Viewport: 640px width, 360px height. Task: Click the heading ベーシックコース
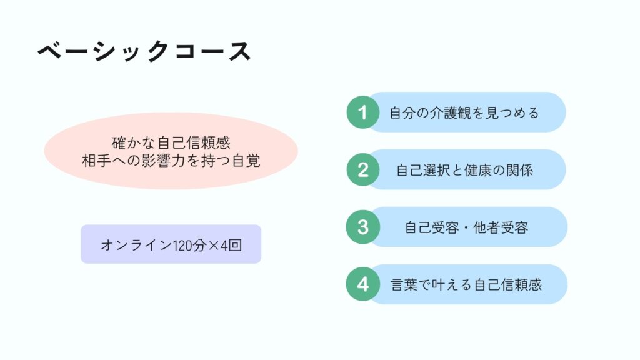coord(144,52)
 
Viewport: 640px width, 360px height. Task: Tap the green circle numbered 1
coord(363,112)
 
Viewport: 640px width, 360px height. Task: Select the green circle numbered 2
coord(363,170)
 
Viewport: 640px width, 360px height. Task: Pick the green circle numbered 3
coord(363,227)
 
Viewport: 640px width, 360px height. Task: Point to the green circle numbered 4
coord(363,284)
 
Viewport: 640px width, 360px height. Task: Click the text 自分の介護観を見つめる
coord(464,112)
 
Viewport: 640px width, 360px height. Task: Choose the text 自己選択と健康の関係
coord(464,170)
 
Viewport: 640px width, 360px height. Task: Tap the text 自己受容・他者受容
coord(466,227)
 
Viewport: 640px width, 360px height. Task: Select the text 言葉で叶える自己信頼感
coord(466,285)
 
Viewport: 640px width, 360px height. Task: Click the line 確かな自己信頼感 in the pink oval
coord(171,143)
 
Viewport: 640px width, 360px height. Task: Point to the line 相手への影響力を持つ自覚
coord(171,161)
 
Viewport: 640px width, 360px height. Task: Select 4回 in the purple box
coord(231,245)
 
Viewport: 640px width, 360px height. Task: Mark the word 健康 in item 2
coord(478,170)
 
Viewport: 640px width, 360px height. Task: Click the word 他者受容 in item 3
coord(501,227)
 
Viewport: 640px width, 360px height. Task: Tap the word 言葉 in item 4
coord(404,285)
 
